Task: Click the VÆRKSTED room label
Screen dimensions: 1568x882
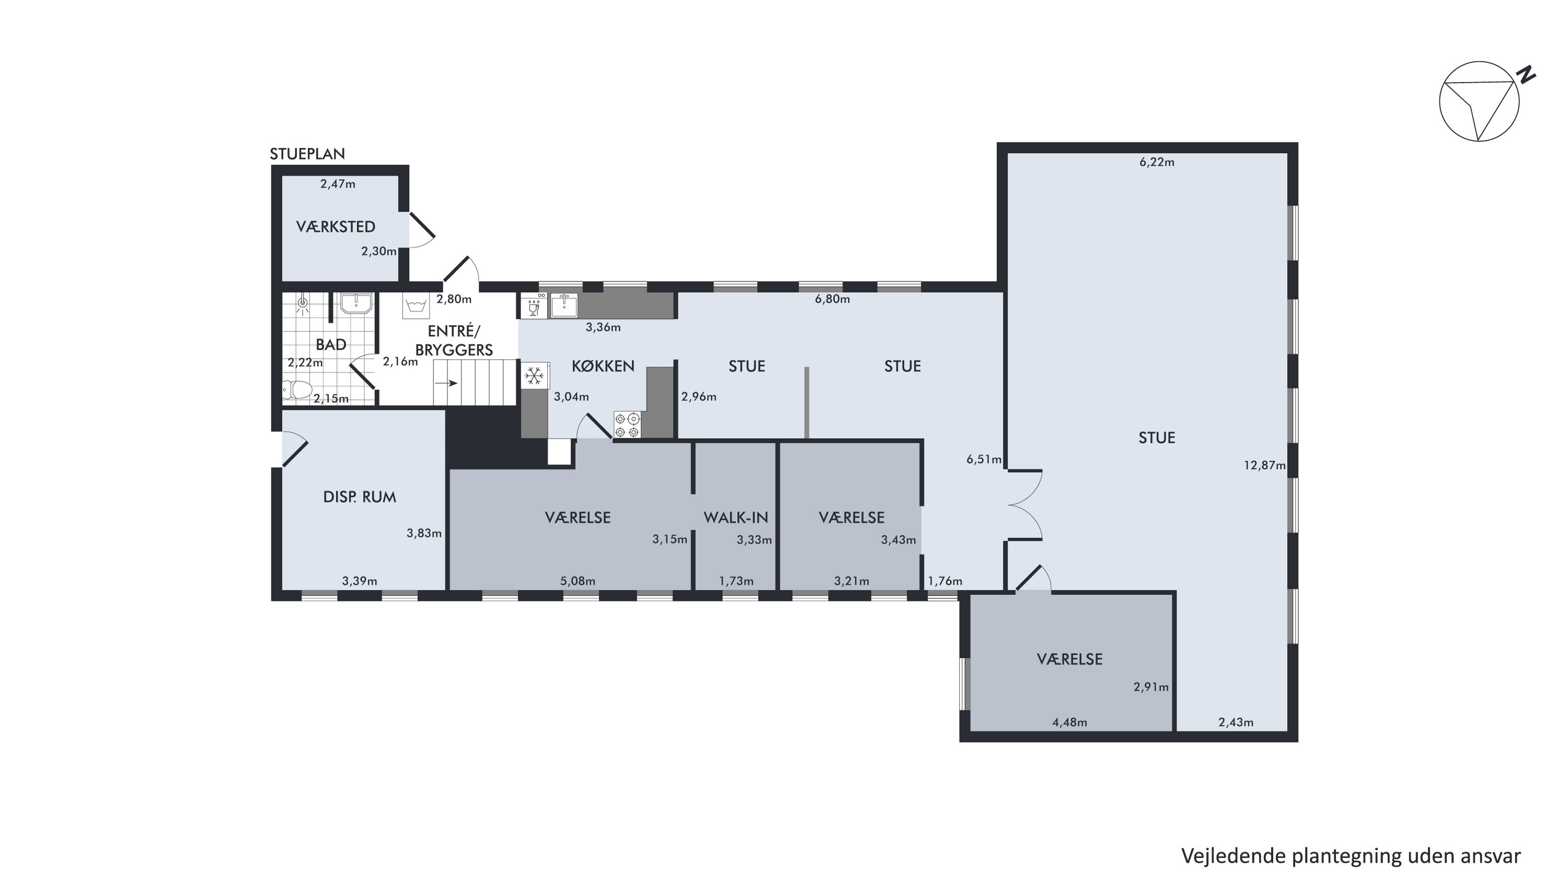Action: point(336,227)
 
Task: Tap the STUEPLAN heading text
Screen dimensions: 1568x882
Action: point(307,154)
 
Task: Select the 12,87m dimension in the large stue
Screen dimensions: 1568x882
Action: point(1265,466)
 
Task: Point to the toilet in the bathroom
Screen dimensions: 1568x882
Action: point(297,389)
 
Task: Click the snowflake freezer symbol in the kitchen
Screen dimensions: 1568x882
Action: point(535,375)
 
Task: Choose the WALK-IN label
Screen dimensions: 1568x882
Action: point(736,518)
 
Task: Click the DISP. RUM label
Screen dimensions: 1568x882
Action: point(360,497)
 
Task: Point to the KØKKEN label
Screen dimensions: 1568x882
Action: point(603,366)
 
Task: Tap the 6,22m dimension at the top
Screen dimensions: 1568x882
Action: point(1157,163)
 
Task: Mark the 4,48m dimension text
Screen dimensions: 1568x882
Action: point(1069,723)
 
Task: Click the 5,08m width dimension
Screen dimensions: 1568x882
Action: point(578,581)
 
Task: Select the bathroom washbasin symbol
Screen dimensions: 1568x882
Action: point(356,303)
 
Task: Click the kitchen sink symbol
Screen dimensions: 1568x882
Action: point(564,305)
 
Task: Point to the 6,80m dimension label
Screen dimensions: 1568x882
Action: point(832,300)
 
